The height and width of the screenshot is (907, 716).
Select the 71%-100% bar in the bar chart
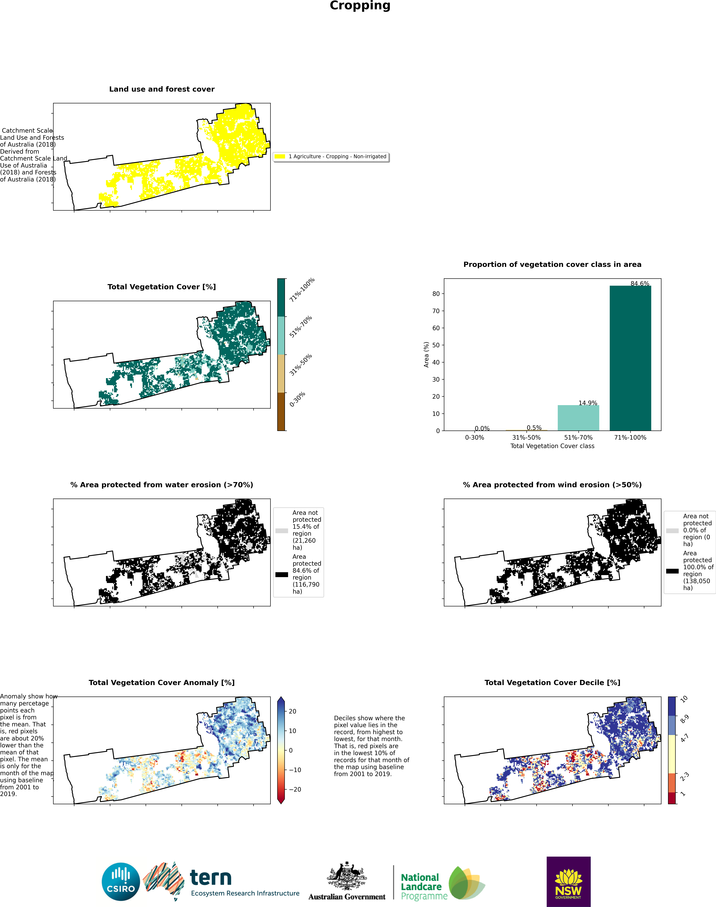point(630,358)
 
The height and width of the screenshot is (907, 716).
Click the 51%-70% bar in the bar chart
point(578,417)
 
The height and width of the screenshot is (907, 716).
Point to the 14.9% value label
point(588,403)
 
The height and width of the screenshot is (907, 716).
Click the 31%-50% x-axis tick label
point(527,437)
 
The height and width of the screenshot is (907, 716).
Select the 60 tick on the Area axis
point(436,328)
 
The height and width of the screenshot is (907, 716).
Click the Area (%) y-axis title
point(426,355)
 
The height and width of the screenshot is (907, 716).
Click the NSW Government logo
point(568,881)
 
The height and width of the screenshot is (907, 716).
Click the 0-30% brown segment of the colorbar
point(281,412)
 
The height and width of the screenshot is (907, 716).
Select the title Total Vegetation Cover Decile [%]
point(552,682)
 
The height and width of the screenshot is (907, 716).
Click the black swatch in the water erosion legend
point(282,574)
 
